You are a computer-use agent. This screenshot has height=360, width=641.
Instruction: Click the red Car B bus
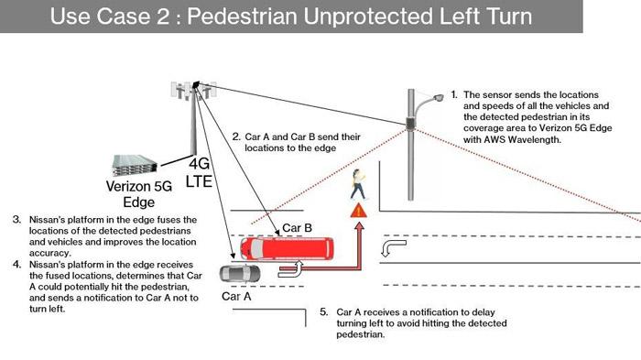287,248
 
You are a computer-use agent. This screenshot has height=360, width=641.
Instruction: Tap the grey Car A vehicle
240,274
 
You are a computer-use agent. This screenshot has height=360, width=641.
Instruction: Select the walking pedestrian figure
358,184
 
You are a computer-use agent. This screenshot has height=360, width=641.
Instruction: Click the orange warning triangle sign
359,211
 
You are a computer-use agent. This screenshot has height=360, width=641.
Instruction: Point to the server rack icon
135,165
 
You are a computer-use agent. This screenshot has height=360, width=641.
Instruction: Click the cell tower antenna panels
193,91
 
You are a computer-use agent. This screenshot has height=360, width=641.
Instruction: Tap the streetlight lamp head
438,98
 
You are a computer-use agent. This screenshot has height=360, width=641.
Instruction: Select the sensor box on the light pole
410,123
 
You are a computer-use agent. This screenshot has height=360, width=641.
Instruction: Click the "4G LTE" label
199,172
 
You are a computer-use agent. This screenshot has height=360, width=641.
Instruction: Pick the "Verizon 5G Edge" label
139,194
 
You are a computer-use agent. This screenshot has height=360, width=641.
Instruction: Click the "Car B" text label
298,228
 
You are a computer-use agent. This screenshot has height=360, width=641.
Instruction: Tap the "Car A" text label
236,296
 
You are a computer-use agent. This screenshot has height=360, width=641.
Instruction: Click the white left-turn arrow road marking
393,248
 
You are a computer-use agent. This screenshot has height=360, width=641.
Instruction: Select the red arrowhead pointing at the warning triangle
359,226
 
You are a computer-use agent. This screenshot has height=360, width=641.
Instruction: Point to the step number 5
324,312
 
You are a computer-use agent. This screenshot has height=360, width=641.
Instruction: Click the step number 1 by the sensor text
454,94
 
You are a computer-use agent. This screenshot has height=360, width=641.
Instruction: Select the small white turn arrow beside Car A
291,268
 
